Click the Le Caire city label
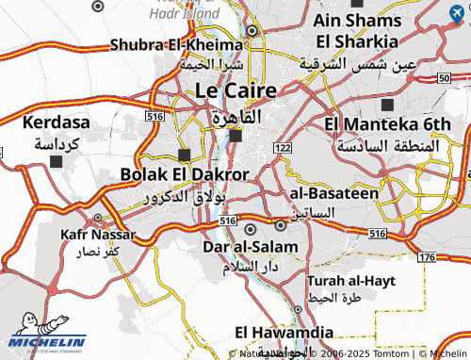pos(235,90)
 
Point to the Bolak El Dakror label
pos(185,174)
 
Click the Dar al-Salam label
pos(251,247)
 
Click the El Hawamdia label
pos(284,332)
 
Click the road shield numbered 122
pos(283,148)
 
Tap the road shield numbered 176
pos(427,256)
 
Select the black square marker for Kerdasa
pos(57,161)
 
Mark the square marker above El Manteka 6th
pos(388,103)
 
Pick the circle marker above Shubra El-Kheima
pos(252,30)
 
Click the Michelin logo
pos(47,344)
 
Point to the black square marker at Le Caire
pos(235,136)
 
